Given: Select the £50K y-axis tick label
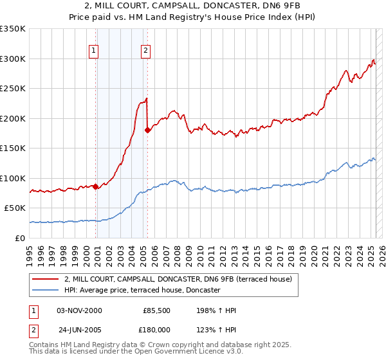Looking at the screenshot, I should tap(15, 208).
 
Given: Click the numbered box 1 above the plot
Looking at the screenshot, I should tap(94, 51).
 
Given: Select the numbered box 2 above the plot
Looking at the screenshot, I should tap(146, 51).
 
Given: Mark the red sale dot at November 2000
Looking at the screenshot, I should tap(96, 186).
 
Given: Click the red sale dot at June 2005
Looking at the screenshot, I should tap(148, 130).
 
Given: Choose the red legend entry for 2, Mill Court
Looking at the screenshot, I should tap(178, 279).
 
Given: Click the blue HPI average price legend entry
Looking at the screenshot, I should tap(142, 290).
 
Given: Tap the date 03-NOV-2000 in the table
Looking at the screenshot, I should tap(79, 310).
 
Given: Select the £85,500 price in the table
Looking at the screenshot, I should tap(157, 310).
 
